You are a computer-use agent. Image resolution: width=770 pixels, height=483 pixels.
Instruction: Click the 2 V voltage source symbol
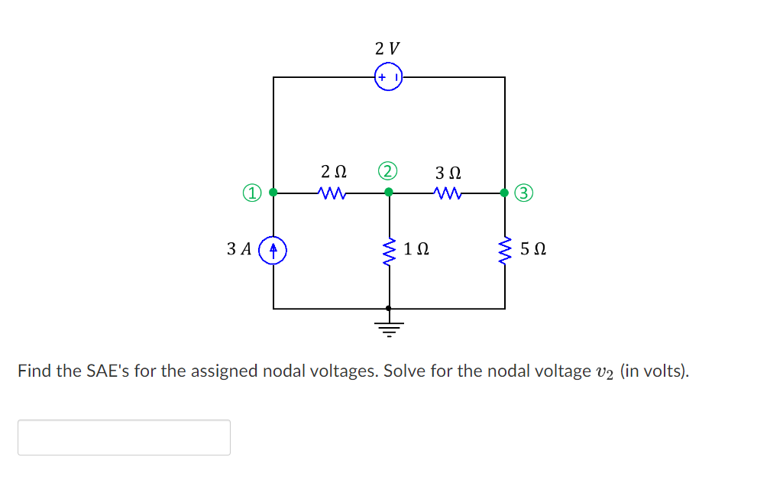click(x=389, y=77)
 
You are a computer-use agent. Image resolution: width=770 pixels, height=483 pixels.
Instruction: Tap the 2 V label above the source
click(x=388, y=48)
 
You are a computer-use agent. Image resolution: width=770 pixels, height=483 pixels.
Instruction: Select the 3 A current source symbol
click(x=273, y=249)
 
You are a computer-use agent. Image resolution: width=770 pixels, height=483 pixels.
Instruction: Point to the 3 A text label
click(x=240, y=249)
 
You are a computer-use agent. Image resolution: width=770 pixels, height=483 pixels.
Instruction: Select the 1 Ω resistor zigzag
click(x=390, y=249)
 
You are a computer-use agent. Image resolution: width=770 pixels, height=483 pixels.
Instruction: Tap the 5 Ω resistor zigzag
click(x=505, y=249)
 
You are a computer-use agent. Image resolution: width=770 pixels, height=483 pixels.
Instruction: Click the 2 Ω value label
click(x=333, y=172)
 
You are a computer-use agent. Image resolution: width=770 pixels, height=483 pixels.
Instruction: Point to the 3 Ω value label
click(x=448, y=172)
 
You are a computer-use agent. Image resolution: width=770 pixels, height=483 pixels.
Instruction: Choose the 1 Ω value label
click(x=416, y=249)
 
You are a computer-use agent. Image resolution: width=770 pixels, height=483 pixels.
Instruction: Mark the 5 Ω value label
click(x=532, y=249)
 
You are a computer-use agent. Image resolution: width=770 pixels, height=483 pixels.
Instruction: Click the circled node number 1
click(x=252, y=192)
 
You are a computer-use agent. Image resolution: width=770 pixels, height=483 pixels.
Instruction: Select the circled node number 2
click(x=388, y=170)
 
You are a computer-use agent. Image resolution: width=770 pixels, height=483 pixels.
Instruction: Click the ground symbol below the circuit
click(x=390, y=328)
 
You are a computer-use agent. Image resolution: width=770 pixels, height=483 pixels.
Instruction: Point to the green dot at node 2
click(x=389, y=193)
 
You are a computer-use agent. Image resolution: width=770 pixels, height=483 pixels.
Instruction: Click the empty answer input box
click(x=124, y=437)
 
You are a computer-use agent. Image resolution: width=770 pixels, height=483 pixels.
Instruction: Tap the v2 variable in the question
click(x=604, y=373)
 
